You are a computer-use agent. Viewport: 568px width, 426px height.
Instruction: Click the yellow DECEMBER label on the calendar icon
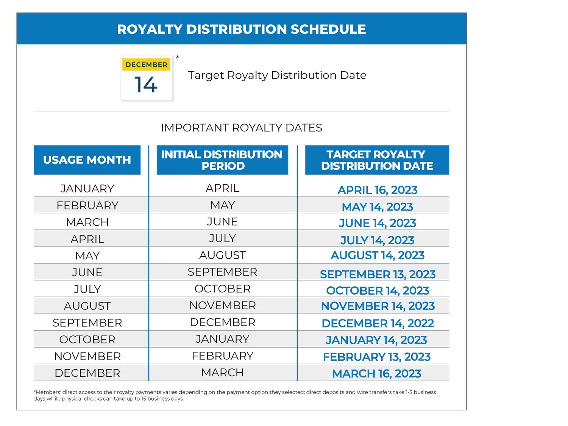coord(146,65)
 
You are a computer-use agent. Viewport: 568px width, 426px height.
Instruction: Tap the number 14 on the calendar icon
coord(146,85)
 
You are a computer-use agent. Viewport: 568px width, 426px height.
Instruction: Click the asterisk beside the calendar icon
coord(178,57)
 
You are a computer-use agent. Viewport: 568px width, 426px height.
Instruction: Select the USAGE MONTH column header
coord(87,160)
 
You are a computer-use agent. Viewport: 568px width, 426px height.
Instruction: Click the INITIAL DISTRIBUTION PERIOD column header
coord(222,160)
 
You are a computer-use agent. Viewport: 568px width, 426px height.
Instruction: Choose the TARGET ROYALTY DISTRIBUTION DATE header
coord(377,160)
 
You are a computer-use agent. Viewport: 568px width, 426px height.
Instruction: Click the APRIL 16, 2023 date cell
coord(377,190)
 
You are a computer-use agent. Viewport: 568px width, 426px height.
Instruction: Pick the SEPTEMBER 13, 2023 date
coord(378,274)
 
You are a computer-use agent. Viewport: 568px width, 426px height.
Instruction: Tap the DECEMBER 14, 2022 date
coord(378,323)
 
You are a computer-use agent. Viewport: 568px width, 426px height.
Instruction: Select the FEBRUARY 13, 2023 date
coord(377,357)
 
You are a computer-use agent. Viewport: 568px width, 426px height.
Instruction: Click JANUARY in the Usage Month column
coord(87,189)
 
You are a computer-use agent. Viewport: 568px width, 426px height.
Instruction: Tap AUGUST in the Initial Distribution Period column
coord(222,255)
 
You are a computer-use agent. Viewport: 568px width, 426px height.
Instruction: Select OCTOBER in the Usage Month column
coord(87,340)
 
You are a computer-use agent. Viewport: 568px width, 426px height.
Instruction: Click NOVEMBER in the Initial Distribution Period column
coord(222,306)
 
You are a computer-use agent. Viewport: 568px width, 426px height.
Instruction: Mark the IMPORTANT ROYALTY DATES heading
coord(242,128)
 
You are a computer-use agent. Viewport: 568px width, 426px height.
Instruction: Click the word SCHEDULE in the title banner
coord(328,29)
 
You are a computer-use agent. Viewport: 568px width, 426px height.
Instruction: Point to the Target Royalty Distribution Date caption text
coord(277,75)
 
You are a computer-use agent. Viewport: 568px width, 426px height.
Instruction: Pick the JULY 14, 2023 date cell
coord(377,240)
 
